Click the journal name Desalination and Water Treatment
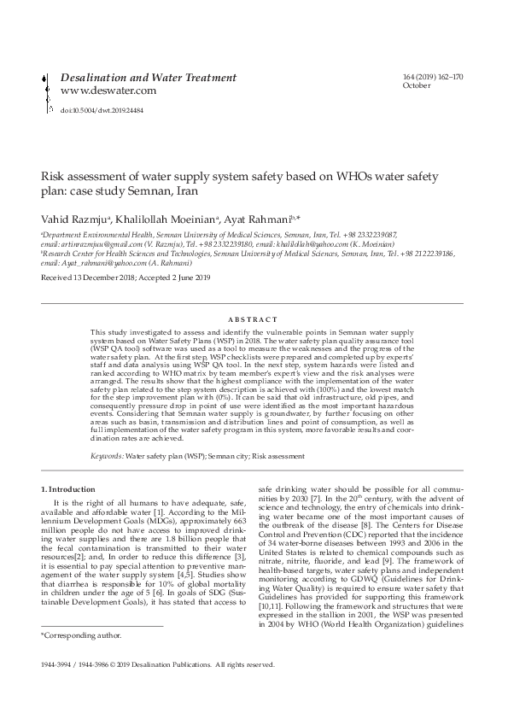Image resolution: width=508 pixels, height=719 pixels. [149, 78]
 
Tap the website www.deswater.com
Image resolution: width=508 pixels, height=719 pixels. [108, 91]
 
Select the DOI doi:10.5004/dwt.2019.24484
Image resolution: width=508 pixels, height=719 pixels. [102, 109]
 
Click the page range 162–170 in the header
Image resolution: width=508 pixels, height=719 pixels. [447, 77]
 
